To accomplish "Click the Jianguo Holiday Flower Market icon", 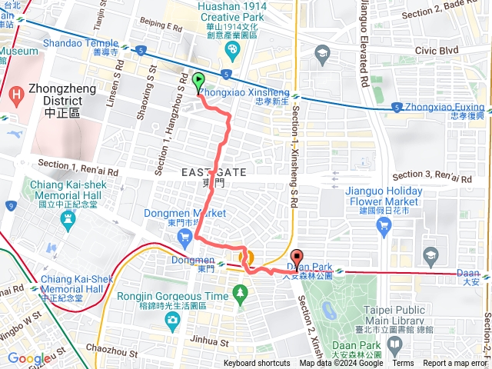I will (384, 224).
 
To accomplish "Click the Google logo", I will (29, 358).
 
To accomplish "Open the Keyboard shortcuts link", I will (257, 364).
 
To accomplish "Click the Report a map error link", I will (455, 364).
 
